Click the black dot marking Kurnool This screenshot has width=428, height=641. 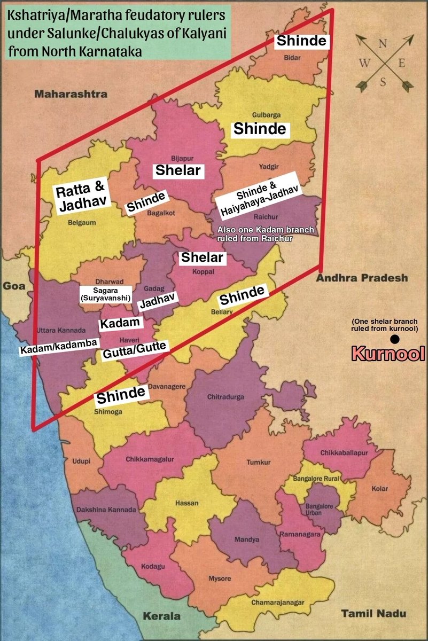coord(394,339)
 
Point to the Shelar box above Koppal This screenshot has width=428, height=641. coord(204,257)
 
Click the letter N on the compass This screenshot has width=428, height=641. coord(382,44)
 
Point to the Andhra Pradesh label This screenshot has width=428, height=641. coord(362,278)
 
